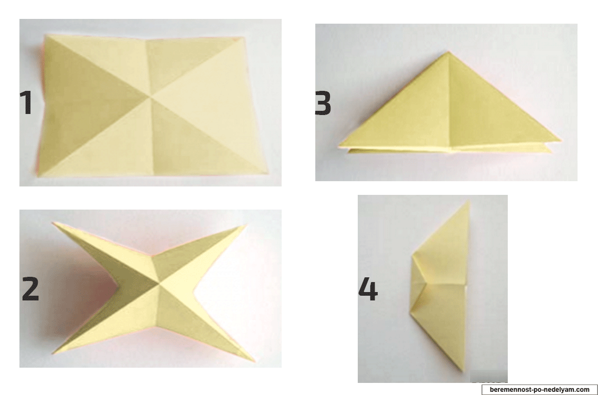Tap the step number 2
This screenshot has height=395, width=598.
30,289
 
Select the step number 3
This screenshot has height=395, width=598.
323,103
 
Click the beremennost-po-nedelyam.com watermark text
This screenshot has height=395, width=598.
539,390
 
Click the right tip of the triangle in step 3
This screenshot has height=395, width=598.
560,142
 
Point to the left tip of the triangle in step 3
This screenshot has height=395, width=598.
339,146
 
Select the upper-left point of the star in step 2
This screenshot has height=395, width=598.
54,223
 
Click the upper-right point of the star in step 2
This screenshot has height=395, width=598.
247,225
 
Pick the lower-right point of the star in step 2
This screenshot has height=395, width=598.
253,361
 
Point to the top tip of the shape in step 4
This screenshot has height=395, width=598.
468,202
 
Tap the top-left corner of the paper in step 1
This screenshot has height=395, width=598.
46,35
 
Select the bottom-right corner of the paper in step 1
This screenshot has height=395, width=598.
268,173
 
